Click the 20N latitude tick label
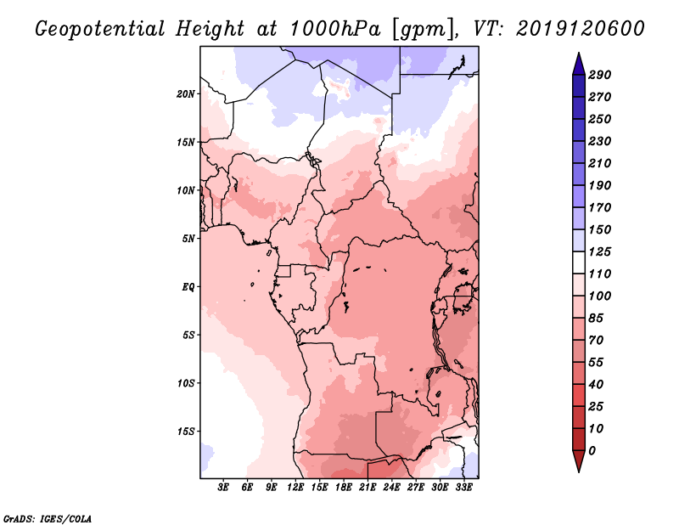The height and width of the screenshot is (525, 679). (x=186, y=93)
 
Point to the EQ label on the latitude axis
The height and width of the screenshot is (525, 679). (x=188, y=286)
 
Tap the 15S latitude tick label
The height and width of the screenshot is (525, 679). (x=186, y=431)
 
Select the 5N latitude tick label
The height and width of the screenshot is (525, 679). (x=188, y=239)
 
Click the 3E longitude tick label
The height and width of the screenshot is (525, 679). (x=224, y=488)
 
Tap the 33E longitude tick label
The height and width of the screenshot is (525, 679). (x=464, y=488)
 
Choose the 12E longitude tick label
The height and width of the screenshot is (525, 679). (x=296, y=488)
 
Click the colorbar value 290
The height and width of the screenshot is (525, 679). (x=600, y=75)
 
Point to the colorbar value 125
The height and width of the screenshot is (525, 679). (x=600, y=251)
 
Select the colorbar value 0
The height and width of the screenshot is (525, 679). (x=592, y=450)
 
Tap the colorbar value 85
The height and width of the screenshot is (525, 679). (x=597, y=318)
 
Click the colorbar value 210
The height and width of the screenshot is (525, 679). (x=600, y=163)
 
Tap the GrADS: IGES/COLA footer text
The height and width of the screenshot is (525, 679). (x=48, y=517)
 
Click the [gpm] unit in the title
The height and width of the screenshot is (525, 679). (x=422, y=28)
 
